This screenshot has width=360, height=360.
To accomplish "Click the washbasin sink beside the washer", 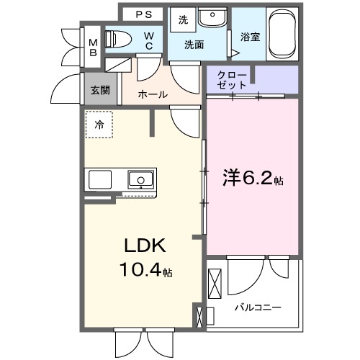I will point(212,19).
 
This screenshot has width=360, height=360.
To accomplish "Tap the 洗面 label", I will point(194,45).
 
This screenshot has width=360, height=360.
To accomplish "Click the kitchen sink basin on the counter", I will point(140,179).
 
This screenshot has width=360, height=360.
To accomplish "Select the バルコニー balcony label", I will point(257,308).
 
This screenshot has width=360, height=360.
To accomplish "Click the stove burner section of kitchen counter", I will point(102,179).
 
